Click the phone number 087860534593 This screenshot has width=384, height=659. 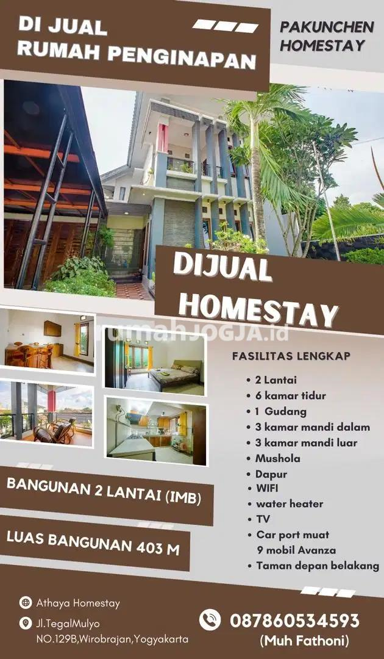[x=294, y=621]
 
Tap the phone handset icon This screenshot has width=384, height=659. [x=210, y=619]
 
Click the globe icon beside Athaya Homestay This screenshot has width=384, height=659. [x=26, y=603]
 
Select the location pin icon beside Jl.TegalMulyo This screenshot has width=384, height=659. [x=26, y=623]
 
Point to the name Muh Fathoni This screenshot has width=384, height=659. [x=304, y=641]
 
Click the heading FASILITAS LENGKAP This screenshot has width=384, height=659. [x=291, y=356]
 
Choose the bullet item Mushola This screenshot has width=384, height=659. [x=278, y=458]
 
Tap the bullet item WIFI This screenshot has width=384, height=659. [x=267, y=488]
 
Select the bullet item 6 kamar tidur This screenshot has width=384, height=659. [x=290, y=395]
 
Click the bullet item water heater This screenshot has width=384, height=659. [x=290, y=503]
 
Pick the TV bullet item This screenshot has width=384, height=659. [x=263, y=519]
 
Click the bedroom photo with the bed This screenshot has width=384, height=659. [x=155, y=361]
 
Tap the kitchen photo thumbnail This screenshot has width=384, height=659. [x=156, y=431]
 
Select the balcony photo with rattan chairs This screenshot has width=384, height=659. [x=46, y=412]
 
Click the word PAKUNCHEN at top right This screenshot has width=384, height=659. [x=327, y=27]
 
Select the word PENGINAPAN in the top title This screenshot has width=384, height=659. [x=181, y=57]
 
